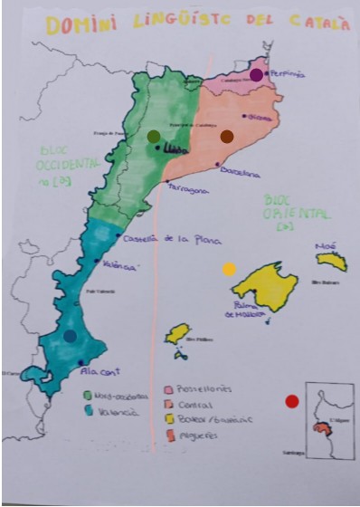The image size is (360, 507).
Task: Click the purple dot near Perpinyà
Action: (258, 75)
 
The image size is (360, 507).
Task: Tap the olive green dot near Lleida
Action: (154, 136)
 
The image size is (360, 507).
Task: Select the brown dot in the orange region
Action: (227, 136)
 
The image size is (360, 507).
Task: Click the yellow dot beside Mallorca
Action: (230, 269)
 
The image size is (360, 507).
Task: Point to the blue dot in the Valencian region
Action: (71, 336)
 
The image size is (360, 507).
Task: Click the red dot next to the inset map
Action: (291, 401)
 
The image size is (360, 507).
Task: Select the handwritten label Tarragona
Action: (188, 190)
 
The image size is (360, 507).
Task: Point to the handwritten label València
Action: (119, 266)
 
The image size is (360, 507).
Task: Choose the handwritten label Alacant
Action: (100, 370)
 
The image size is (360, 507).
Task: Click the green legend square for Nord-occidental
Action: (87, 396)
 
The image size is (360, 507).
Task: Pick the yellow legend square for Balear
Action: (169, 419)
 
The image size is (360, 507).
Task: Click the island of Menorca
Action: (332, 262)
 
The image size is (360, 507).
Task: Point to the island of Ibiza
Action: (178, 334)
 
